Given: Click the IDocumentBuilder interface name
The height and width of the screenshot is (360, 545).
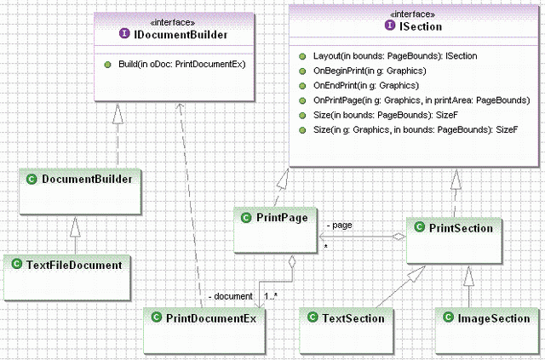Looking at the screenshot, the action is point(181,34).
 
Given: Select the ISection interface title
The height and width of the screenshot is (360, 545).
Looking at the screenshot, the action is point(421,26).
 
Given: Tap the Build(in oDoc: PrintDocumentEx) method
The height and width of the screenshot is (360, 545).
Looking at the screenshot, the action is point(181,65).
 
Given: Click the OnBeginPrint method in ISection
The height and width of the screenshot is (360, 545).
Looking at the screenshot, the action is point(370,71).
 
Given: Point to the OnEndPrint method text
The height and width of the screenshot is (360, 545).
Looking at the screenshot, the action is point(366,85).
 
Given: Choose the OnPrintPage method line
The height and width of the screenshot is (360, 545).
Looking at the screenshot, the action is point(422,100).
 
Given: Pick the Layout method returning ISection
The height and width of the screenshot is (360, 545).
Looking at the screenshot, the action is point(395,56).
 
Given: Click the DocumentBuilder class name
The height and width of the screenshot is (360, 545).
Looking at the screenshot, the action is point(87,179).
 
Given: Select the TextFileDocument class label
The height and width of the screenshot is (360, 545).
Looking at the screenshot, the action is point(74,265).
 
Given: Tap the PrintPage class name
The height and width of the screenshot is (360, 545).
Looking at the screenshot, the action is point(282,218).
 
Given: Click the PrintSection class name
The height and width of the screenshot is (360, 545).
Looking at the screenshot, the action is point(461,228).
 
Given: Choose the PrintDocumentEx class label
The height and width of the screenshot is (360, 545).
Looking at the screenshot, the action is point(210,318).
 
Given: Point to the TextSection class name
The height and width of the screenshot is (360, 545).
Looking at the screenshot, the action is point(353,318).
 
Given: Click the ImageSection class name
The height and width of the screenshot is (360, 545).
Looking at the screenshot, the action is point(494,318).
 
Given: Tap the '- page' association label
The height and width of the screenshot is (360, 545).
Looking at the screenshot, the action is point(339,226).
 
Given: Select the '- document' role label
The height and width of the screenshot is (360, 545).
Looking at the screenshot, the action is point(231,296).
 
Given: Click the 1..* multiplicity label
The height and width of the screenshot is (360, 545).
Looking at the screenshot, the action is point(271,296).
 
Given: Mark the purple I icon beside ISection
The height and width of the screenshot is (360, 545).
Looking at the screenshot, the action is point(390,25).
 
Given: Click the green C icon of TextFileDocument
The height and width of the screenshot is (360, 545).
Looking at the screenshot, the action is point(17,264).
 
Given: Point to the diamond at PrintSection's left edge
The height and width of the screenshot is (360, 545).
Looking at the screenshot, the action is point(399,237).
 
